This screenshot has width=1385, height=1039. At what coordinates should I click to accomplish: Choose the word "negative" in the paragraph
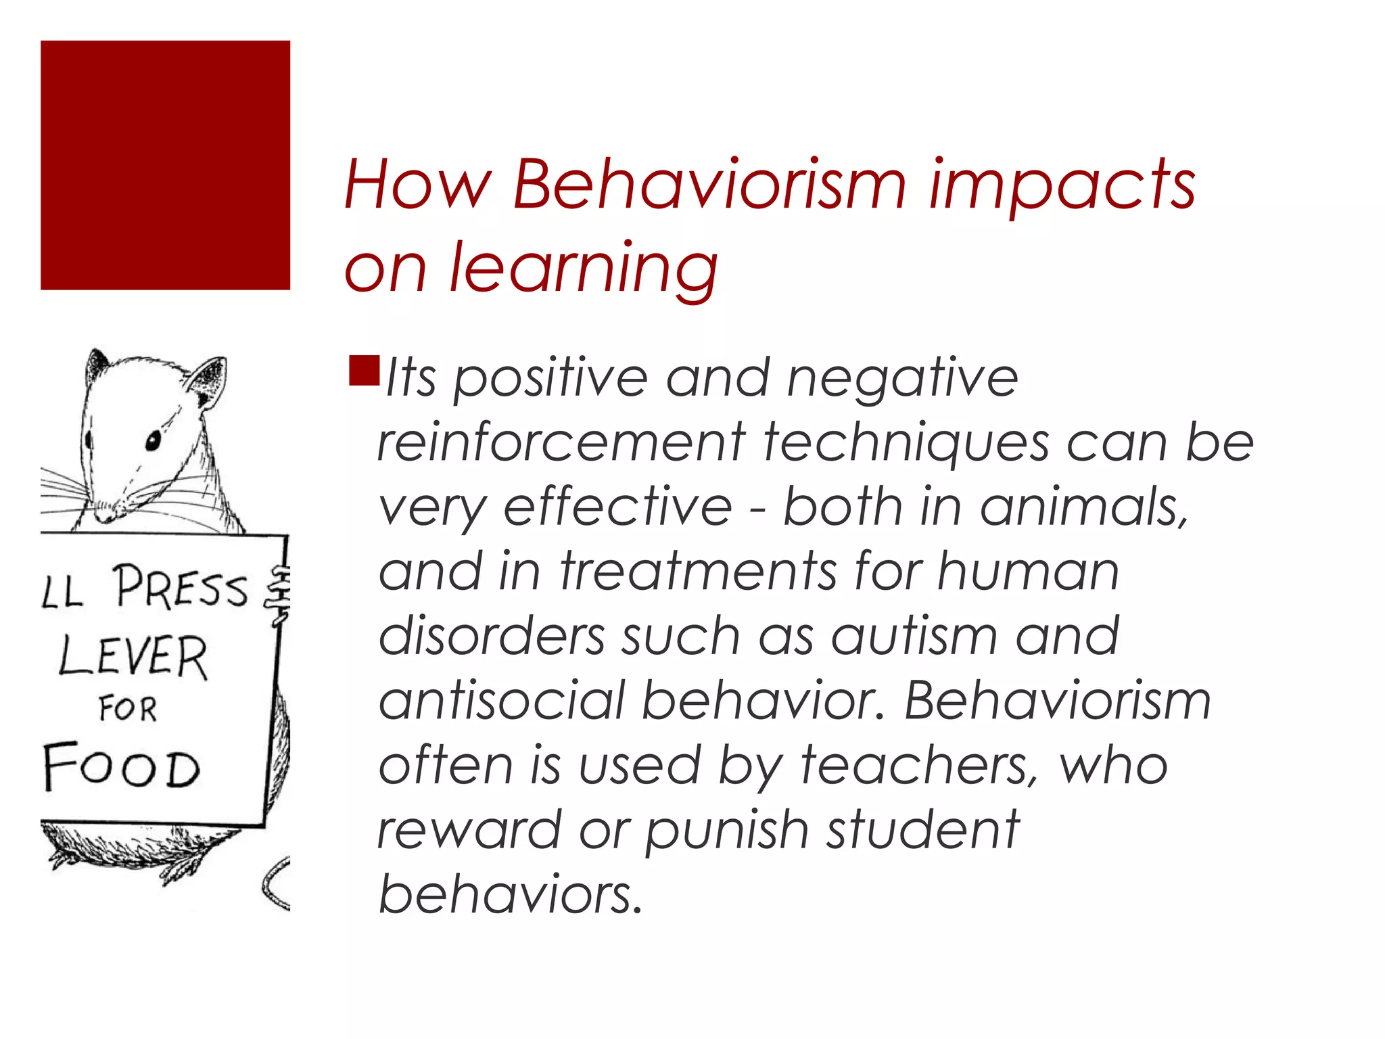902,379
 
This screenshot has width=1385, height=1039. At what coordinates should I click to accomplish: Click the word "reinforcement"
561,443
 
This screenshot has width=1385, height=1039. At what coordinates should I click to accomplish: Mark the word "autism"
914,637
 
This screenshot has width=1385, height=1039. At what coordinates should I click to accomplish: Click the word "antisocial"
501,701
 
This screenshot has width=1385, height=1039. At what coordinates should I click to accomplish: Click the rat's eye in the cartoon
154,441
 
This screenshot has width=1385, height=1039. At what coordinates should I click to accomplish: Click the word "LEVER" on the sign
133,656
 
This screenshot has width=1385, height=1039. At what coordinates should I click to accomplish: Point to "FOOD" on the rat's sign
122,766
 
